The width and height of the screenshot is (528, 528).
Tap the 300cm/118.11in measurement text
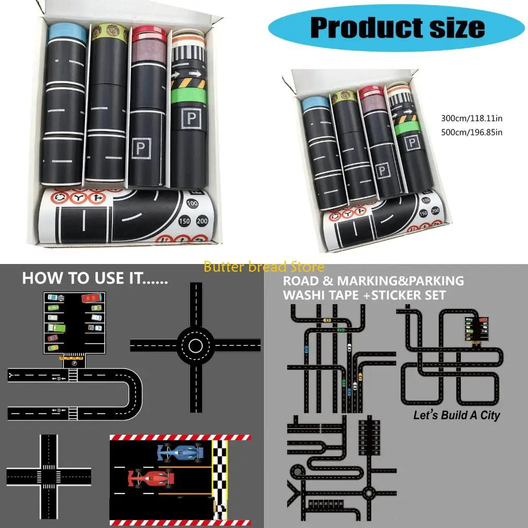pos(471,119)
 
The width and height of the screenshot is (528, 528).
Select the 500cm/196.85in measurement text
pos(471,132)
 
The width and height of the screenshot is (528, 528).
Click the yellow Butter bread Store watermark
pos(264,267)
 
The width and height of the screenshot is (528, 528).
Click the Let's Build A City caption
pos(456,415)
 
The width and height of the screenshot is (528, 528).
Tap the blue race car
pos(180,453)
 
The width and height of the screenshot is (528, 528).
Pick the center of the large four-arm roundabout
pos(196,344)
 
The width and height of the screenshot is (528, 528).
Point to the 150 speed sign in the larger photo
pos(184,222)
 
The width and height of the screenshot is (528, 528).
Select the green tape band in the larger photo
pos(188,96)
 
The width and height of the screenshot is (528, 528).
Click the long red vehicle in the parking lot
pos(92,299)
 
